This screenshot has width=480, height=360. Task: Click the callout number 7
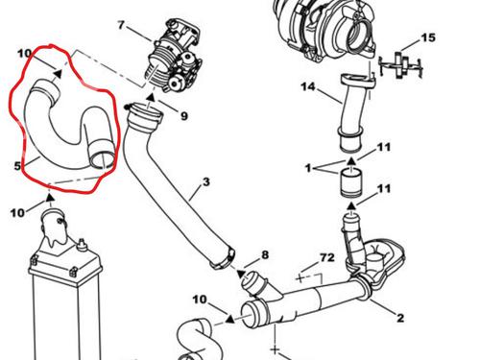click(120, 25)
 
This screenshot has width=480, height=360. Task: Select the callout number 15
click(428, 37)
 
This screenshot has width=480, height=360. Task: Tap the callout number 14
click(308, 86)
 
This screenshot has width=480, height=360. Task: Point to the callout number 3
click(205, 181)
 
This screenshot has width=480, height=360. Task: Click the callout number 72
click(327, 257)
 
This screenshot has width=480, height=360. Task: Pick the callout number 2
click(400, 318)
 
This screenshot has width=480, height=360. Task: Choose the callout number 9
click(184, 116)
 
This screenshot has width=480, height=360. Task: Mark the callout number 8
click(265, 255)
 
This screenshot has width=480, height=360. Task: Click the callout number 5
click(17, 166)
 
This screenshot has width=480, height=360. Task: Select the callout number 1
click(308, 168)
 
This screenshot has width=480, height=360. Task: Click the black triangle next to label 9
click(151, 98)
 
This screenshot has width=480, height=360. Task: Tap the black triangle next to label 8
click(241, 274)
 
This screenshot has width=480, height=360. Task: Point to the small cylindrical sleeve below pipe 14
click(351, 183)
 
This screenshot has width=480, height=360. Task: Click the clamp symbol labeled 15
click(400, 65)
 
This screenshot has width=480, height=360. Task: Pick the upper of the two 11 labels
click(384, 147)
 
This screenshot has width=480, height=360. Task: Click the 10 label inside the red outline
click(24, 54)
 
